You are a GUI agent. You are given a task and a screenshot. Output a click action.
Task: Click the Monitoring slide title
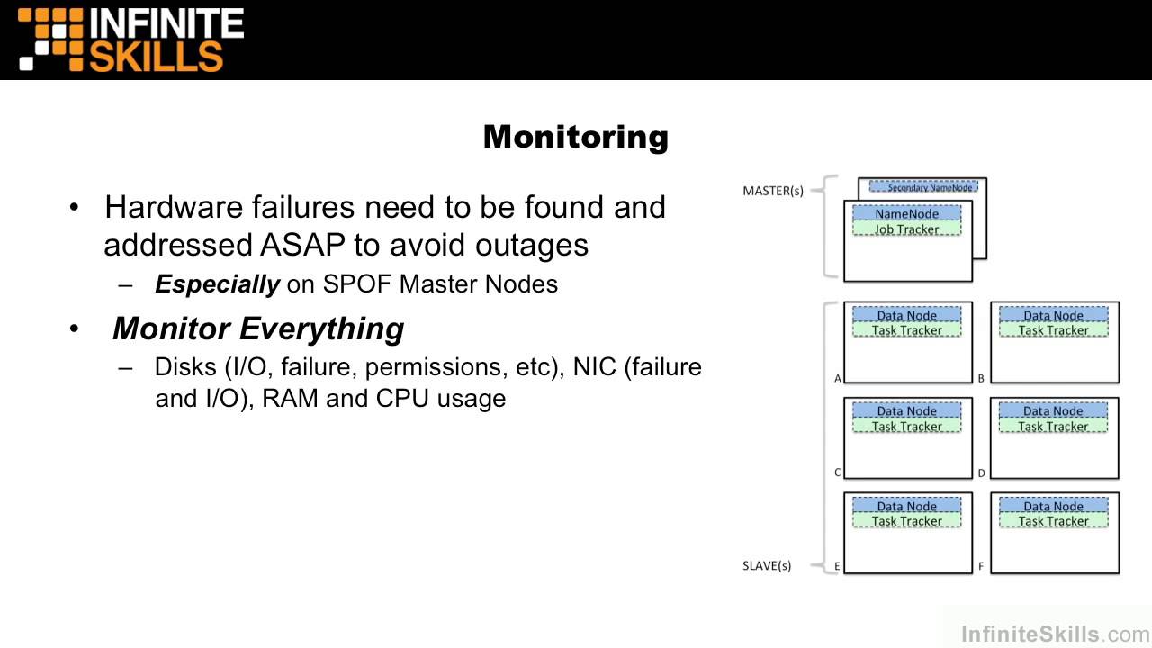point(576,137)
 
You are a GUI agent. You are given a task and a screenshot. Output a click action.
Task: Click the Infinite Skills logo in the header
point(131,40)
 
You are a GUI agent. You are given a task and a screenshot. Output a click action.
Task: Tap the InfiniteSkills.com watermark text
point(1055,634)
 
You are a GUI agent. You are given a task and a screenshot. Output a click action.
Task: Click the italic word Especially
point(217,284)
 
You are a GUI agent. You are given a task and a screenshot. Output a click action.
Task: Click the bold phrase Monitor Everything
point(258,328)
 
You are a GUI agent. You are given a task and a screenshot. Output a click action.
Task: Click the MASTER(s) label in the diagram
point(773,191)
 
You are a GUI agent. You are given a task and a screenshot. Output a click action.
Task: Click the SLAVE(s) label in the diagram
point(767,566)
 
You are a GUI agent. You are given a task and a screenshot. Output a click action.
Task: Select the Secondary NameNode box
point(923,187)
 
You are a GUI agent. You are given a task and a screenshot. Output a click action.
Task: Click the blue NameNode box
point(906,214)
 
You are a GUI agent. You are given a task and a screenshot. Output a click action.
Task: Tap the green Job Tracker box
point(906,229)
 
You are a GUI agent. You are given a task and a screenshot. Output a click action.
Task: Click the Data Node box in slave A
point(907,315)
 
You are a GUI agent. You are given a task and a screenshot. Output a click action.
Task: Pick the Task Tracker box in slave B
point(1054,330)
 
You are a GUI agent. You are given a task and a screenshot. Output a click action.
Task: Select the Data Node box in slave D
point(1054,411)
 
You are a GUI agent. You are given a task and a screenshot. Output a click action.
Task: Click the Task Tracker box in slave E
point(907,521)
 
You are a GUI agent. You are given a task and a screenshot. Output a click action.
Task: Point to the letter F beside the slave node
point(981,567)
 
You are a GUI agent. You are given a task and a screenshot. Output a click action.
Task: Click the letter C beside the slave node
point(838,472)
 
